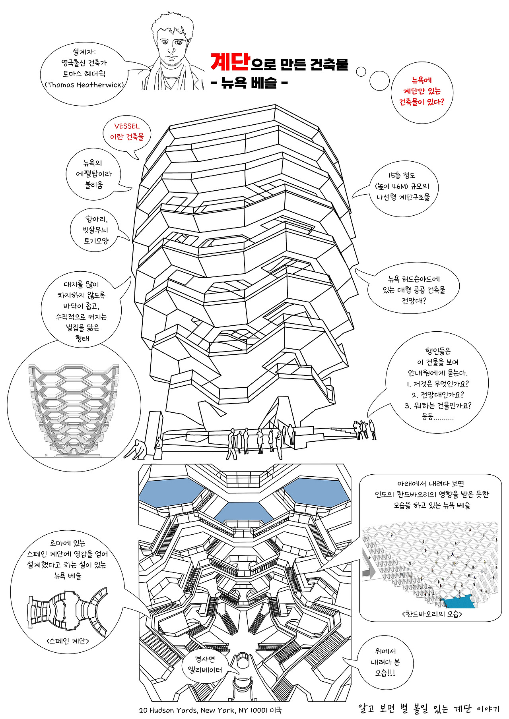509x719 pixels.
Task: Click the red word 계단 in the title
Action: pos(230,62)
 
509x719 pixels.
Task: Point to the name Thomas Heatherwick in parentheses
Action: pos(84,85)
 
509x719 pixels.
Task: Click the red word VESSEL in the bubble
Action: pos(127,126)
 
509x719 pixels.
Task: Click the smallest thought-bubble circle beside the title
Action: pos(361,72)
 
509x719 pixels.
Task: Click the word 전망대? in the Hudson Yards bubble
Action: pos(414,300)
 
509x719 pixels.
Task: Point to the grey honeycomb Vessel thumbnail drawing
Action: pos(74,409)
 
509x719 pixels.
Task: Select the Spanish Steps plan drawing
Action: pos(67,611)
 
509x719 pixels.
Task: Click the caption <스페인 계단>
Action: pos(68,641)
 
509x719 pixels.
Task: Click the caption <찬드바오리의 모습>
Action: pos(432,614)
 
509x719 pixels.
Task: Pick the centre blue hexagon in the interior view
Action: pos(243,512)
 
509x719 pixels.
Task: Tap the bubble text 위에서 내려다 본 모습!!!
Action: pos(385,662)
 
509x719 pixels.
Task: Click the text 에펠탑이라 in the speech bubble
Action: pos(93,174)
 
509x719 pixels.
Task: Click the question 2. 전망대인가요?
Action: pos(437,395)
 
